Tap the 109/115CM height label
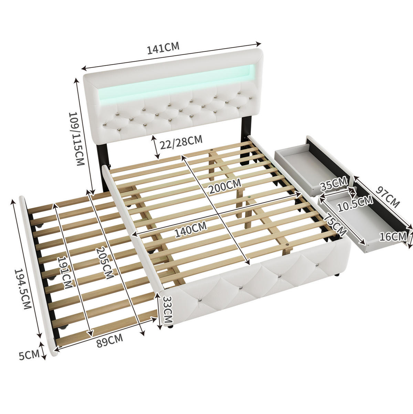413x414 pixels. pyautogui.click(x=76, y=139)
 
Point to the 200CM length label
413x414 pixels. pyautogui.click(x=225, y=186)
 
